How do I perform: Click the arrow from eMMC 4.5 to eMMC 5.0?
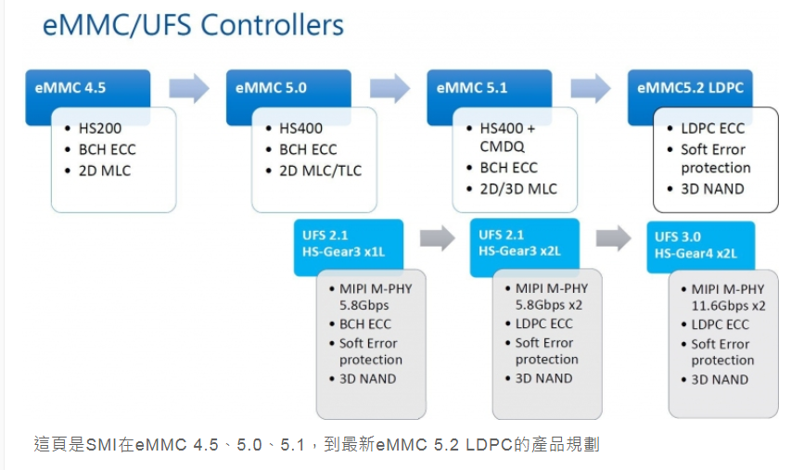[188, 89]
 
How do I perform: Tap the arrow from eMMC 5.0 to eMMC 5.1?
[389, 89]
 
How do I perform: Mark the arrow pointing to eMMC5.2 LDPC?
[591, 89]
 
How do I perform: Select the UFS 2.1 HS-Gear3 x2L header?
[525, 243]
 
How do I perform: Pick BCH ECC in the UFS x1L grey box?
[365, 324]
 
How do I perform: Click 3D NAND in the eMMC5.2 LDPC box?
[712, 189]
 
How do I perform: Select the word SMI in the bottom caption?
[100, 445]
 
